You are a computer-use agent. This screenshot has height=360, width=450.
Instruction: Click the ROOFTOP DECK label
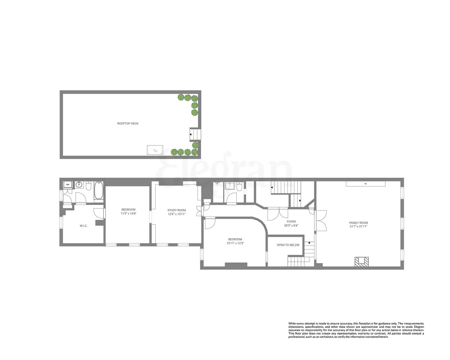pyautogui.click(x=128, y=124)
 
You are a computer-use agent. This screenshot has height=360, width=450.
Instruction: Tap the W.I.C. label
pyautogui.click(x=83, y=226)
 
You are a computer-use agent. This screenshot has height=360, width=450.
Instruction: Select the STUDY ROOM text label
pyautogui.click(x=177, y=210)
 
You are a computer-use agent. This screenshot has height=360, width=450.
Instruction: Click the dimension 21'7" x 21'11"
pyautogui.click(x=358, y=226)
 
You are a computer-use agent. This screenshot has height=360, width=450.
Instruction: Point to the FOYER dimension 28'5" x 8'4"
pyautogui.click(x=291, y=226)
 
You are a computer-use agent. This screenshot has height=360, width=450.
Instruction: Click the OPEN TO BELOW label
pyautogui.click(x=288, y=245)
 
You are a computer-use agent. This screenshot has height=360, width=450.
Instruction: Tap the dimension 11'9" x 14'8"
pyautogui.click(x=128, y=214)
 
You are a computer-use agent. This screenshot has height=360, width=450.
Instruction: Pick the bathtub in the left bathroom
pyautogui.click(x=98, y=191)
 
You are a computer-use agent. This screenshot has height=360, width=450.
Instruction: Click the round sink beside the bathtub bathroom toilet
pyautogui.click(x=79, y=184)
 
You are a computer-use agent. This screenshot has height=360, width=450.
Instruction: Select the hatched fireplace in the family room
pyautogui.click(x=361, y=262)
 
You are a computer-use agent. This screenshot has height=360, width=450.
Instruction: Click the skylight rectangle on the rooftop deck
pyautogui.click(x=155, y=150)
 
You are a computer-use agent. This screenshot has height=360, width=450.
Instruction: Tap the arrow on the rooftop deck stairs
pyautogui.click(x=190, y=135)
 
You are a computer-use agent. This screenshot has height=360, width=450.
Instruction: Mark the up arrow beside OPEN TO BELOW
pyautogui.click(x=309, y=242)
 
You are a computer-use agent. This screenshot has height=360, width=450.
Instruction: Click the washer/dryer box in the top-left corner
pyautogui.click(x=67, y=184)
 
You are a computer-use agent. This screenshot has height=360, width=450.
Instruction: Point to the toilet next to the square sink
pyautogui.click(x=239, y=187)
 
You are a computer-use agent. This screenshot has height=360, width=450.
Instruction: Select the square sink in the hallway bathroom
pyautogui.click(x=230, y=186)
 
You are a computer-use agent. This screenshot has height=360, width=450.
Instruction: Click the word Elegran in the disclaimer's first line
pyautogui.click(x=419, y=326)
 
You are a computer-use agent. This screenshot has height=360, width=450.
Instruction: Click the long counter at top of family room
pyautogui.click(x=365, y=183)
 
